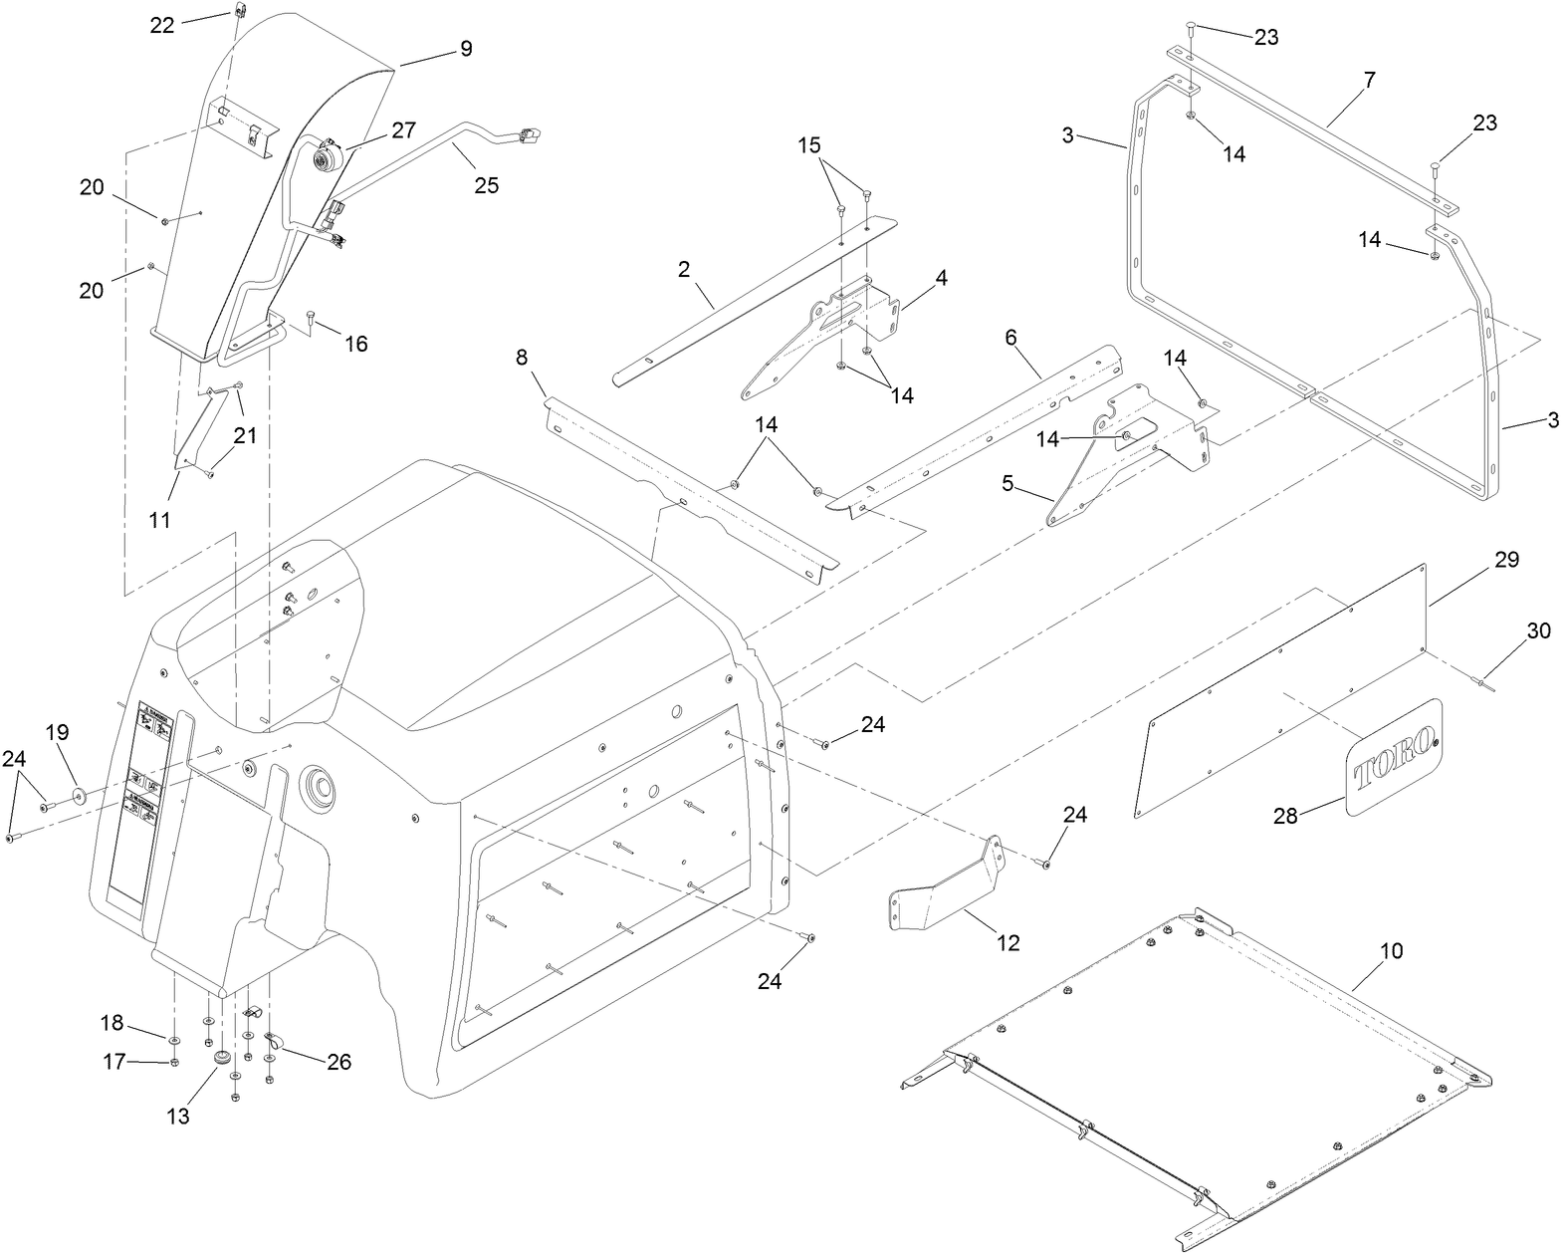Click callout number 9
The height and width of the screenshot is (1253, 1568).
[x=466, y=48]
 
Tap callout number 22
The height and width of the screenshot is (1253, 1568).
[x=162, y=25]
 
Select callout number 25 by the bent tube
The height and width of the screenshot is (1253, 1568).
[x=486, y=184]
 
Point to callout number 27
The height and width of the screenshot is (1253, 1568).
[x=403, y=130]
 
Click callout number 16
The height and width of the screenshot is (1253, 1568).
[x=355, y=344]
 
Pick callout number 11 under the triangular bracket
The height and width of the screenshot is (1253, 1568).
[x=159, y=520]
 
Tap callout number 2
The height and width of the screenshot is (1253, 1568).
[x=684, y=269]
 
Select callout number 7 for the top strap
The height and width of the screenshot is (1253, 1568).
[x=1369, y=82]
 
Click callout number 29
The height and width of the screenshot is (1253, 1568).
[x=1506, y=560]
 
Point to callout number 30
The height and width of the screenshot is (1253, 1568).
[x=1538, y=631]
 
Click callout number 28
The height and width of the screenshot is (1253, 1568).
[x=1286, y=816]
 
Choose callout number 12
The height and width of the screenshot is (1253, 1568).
[x=1008, y=942]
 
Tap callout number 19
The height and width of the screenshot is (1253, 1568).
[x=58, y=732]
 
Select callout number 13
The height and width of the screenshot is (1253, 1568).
[x=177, y=1117]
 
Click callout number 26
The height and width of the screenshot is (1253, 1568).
[x=339, y=1062]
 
